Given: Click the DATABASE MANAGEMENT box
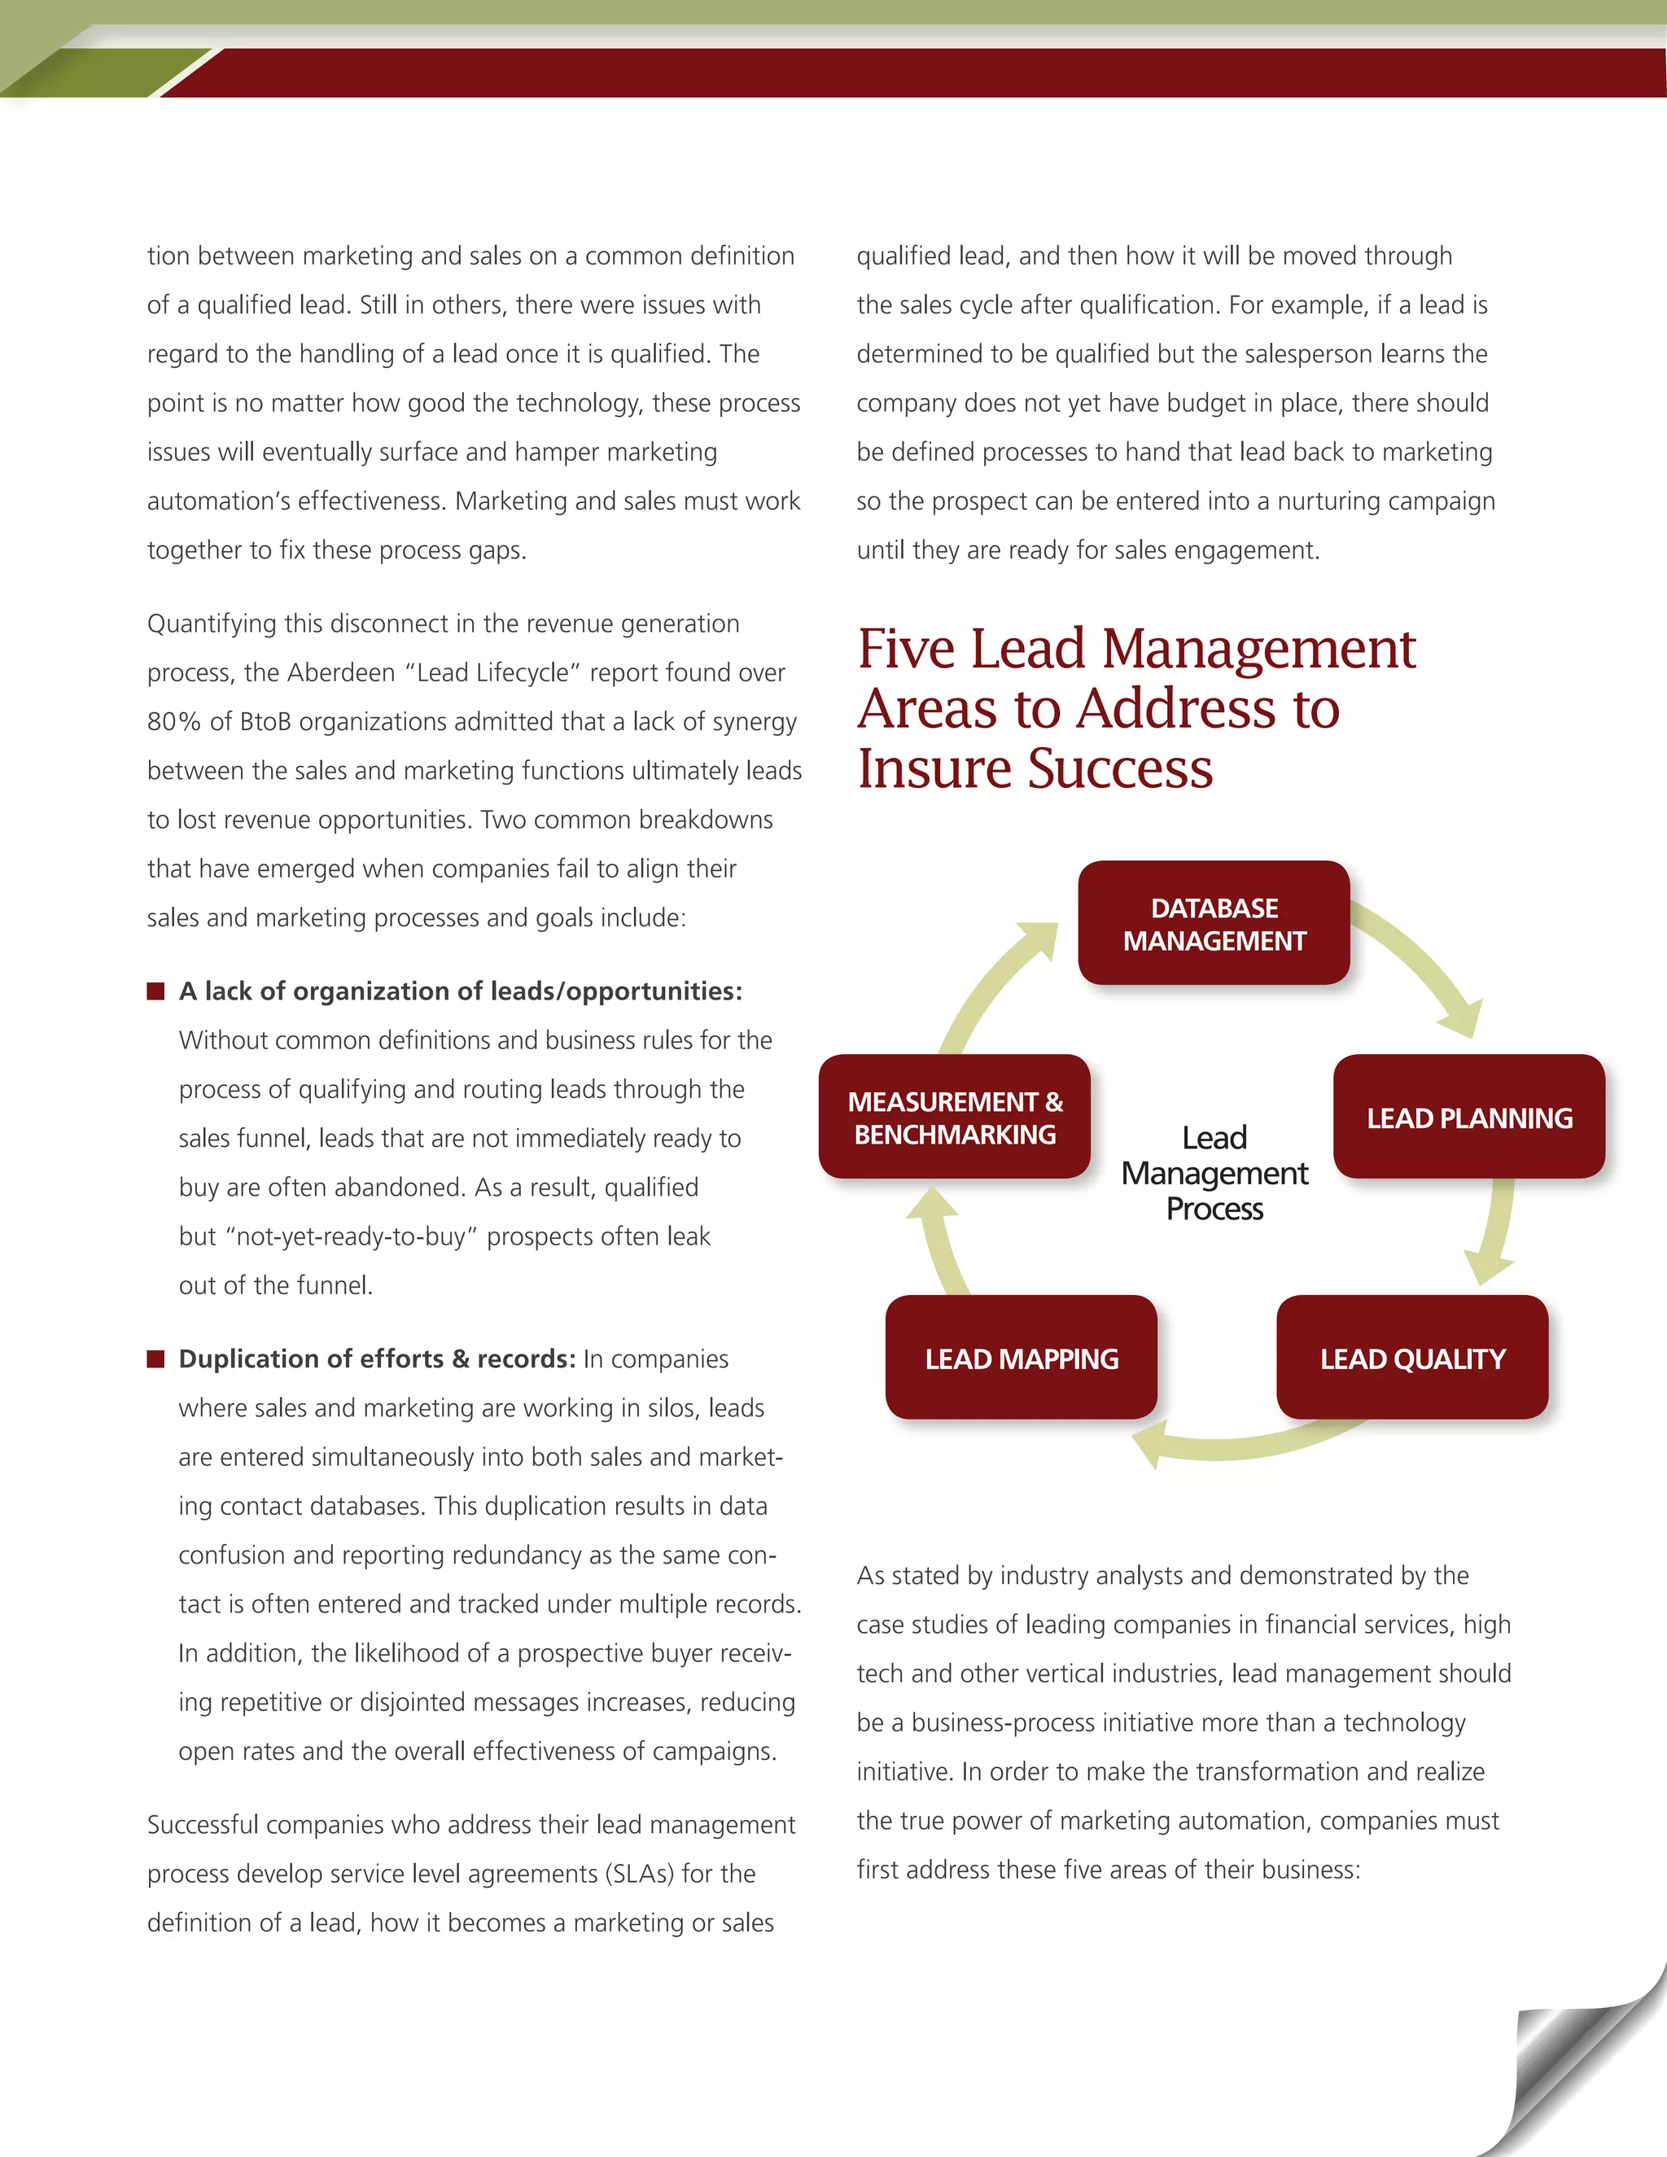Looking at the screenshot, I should [1214, 924].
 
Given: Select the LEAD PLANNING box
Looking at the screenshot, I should [1468, 1117].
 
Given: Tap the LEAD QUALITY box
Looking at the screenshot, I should [1412, 1358].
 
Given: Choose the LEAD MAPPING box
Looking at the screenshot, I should [1022, 1358].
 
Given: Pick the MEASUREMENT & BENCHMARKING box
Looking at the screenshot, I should [955, 1117].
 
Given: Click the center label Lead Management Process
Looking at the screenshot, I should [1214, 1173].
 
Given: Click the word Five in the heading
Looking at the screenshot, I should [907, 650].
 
